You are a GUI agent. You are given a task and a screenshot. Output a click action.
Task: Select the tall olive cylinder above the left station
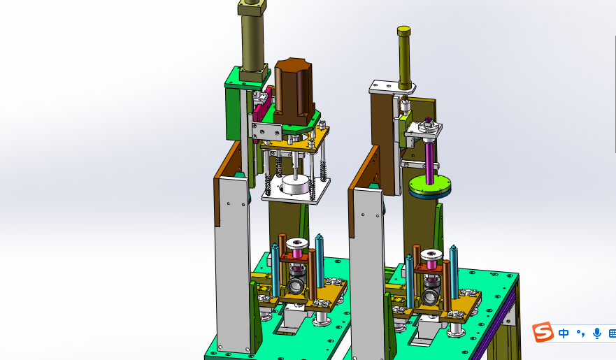coord(252,39)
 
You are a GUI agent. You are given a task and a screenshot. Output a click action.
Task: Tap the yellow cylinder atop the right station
coord(404,57)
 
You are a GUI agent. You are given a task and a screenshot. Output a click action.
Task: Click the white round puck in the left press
coord(296,185)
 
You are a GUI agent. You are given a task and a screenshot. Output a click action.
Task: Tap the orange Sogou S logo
coord(543,332)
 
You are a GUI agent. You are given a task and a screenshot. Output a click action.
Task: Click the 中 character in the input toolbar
coord(564,333)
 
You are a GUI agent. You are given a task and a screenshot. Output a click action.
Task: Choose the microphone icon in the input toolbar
coord(597,333)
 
